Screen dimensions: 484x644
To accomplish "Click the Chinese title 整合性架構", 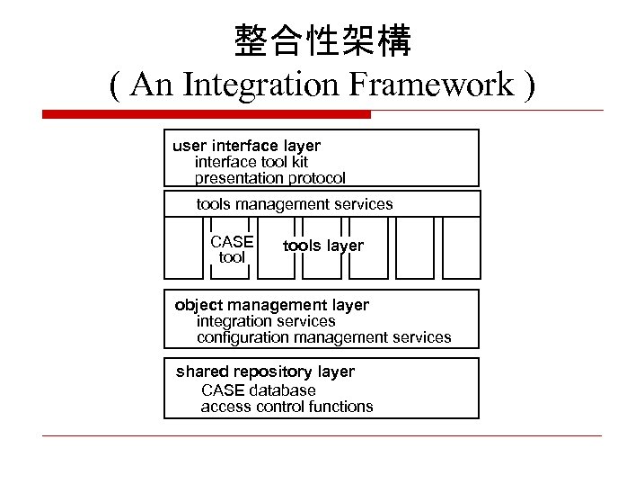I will click(322, 40).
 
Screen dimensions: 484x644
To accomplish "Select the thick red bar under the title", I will click(207, 114).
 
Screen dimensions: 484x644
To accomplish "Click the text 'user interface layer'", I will click(246, 146).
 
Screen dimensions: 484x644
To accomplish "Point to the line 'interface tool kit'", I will click(251, 162).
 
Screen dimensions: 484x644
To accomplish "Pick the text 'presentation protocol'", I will click(270, 178).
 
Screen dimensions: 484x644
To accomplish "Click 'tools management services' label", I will click(295, 204).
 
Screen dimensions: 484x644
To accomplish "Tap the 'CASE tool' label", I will click(232, 249).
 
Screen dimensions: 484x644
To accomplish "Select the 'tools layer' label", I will click(323, 246).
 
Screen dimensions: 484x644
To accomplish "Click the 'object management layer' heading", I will click(271, 305).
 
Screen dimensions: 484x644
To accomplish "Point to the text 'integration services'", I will click(266, 321).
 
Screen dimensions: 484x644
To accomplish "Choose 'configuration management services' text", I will click(324, 337).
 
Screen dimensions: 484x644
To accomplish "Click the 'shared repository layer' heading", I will click(265, 372).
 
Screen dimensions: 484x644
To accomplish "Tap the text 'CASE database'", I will click(259, 390).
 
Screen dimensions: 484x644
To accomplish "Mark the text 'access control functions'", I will click(287, 407).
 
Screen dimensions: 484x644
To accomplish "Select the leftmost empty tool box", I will click(183, 247).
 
